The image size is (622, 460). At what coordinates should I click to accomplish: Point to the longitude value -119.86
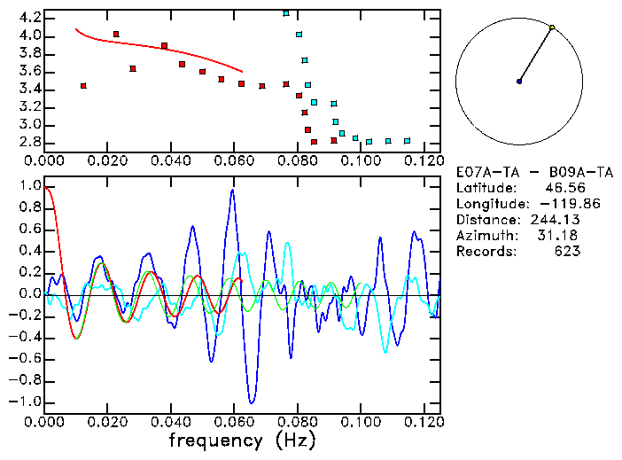click(553, 204)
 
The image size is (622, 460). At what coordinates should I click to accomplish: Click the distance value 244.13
click(555, 220)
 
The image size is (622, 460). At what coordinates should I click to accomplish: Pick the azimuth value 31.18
click(561, 236)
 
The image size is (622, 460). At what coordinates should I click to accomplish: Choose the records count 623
click(567, 252)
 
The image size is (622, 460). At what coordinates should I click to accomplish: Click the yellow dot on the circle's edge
click(552, 27)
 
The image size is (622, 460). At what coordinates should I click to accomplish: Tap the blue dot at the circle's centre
click(519, 82)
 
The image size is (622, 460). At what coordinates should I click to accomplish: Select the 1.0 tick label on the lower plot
click(29, 187)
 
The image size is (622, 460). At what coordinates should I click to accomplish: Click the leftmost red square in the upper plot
click(83, 86)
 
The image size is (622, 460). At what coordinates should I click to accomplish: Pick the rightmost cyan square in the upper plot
click(407, 141)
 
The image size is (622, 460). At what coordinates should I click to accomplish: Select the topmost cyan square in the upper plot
click(286, 13)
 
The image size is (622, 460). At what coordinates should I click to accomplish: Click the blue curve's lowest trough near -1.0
click(252, 402)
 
